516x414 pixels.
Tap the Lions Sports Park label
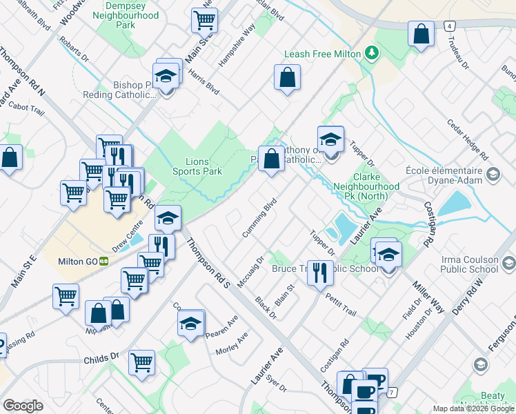click(x=197, y=166)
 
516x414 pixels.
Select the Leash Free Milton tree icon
click(x=373, y=53)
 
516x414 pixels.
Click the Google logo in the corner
click(x=23, y=406)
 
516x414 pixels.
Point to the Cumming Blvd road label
click(x=260, y=218)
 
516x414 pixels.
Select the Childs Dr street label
click(x=101, y=359)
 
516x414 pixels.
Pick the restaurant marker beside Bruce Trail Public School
click(x=319, y=271)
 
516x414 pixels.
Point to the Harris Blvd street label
click(x=204, y=83)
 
